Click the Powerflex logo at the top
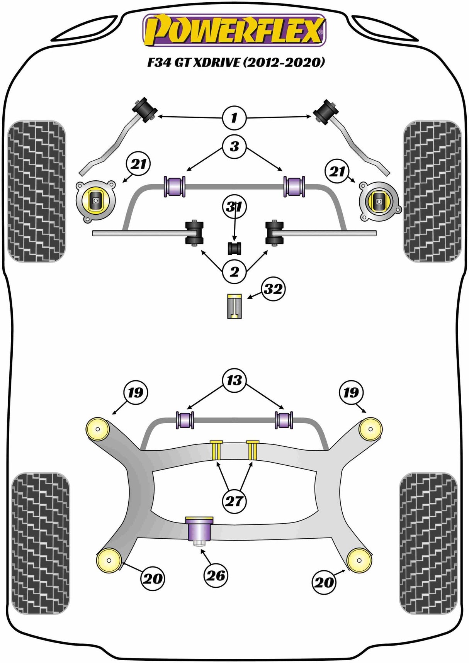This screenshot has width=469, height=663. pyautogui.click(x=234, y=30)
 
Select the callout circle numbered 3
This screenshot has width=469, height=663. pyautogui.click(x=234, y=146)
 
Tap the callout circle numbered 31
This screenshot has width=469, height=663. pyautogui.click(x=234, y=207)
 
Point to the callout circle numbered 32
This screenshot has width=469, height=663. pyautogui.click(x=273, y=289)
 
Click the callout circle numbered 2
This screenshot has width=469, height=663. pyautogui.click(x=234, y=272)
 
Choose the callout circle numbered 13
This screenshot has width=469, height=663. pyautogui.click(x=234, y=380)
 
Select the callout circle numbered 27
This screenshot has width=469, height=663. pyautogui.click(x=234, y=501)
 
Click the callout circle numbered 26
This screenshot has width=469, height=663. pyautogui.click(x=216, y=576)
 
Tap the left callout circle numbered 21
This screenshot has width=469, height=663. pyautogui.click(x=139, y=164)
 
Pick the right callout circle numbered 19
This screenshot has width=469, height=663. pyautogui.click(x=351, y=393)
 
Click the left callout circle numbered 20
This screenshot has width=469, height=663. pyautogui.click(x=153, y=578)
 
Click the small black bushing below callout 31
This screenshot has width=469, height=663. pyautogui.click(x=234, y=248)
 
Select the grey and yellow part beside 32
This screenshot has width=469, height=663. pyautogui.click(x=234, y=306)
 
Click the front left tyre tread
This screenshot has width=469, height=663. pyautogui.click(x=37, y=191)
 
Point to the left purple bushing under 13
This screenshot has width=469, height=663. pyautogui.click(x=185, y=420)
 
